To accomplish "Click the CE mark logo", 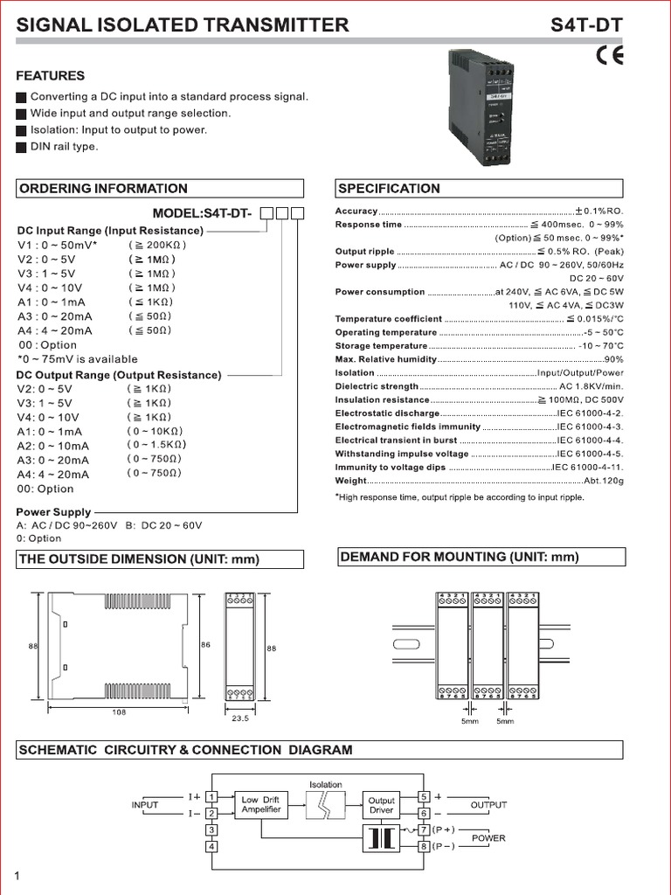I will (609, 56).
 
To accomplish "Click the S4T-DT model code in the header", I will (587, 25).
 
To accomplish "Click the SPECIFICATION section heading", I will (389, 188).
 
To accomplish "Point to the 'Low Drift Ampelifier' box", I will (261, 805).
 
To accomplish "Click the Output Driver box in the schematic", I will (382, 805).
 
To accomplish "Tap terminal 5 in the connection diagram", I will (424, 797).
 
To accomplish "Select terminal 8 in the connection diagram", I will (424, 846).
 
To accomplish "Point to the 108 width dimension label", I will (119, 712).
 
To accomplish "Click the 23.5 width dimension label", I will (239, 720).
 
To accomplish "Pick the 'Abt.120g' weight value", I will (603, 481).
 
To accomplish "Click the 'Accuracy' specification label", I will (356, 212).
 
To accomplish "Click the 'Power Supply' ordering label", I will (53, 512).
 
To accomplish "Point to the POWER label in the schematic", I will (488, 838).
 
